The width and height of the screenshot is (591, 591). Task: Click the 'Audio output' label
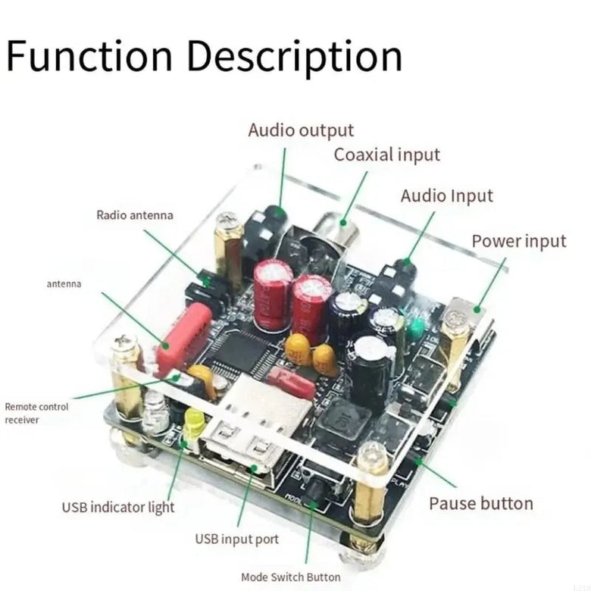pos(301,131)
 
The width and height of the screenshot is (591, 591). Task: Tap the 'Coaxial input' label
pos(386,155)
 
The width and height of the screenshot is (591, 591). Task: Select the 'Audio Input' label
pos(446,196)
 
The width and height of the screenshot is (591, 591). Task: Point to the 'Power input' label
pos(519,242)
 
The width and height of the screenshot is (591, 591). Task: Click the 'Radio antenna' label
pos(134,215)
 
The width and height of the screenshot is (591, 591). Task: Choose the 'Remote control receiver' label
pos(36,413)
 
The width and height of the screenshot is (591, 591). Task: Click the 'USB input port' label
pos(236,539)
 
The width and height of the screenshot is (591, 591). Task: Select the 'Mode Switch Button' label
pos(290,577)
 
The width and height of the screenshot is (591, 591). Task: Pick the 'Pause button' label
pos(481,504)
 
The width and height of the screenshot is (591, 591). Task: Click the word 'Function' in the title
pos(89,57)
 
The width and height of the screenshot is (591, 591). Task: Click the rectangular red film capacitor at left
pos(184,337)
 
